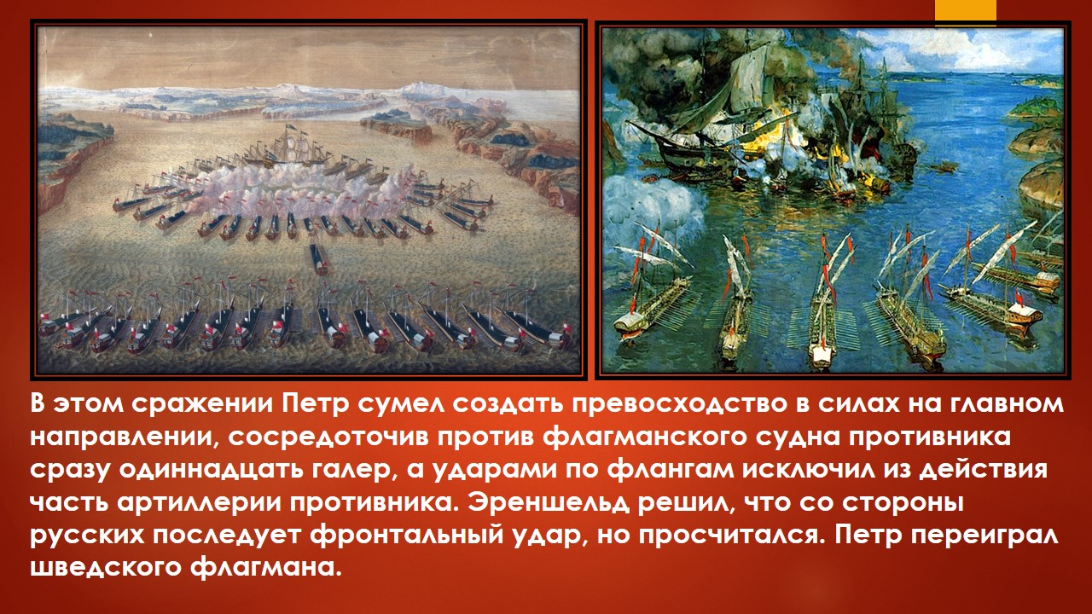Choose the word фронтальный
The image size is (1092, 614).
(406, 536)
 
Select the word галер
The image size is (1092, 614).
(351, 472)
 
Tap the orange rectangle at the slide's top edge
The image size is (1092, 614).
(965, 10)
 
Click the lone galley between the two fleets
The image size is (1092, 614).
(318, 258)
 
